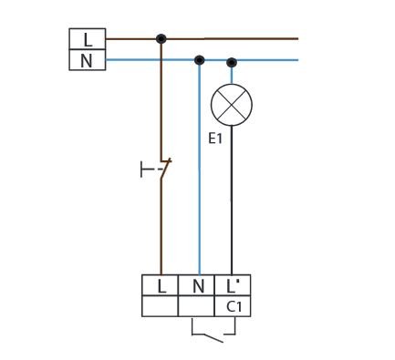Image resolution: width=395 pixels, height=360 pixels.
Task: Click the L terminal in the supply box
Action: pyautogui.click(x=88, y=39)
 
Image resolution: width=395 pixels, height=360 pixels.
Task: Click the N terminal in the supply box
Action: pyautogui.click(x=88, y=60)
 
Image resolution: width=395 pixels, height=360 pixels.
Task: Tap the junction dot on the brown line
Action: pyautogui.click(x=161, y=38)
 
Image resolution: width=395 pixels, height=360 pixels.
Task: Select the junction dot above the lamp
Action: pyautogui.click(x=232, y=62)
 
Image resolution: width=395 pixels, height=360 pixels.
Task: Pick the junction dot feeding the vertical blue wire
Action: pyautogui.click(x=199, y=60)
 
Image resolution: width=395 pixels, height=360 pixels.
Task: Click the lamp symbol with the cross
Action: pyautogui.click(x=232, y=105)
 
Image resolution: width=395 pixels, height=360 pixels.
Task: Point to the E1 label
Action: pyautogui.click(x=215, y=139)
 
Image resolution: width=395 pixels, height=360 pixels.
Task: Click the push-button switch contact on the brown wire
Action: pyautogui.click(x=165, y=169)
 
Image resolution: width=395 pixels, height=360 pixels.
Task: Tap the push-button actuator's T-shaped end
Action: pyautogui.click(x=141, y=170)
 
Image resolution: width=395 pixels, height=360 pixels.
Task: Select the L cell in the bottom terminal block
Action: pyautogui.click(x=160, y=285)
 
